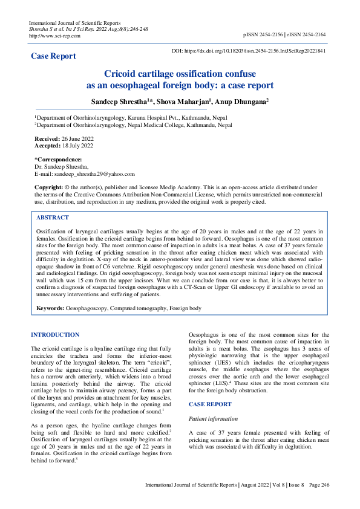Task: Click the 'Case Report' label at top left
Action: click(53, 56)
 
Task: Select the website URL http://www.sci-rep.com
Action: click(54, 36)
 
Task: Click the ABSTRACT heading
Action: click(53, 217)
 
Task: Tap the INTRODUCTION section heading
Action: click(54, 335)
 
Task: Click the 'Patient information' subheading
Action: click(214, 418)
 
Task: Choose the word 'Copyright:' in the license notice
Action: click(48, 188)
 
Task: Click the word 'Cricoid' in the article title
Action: click(122, 73)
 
